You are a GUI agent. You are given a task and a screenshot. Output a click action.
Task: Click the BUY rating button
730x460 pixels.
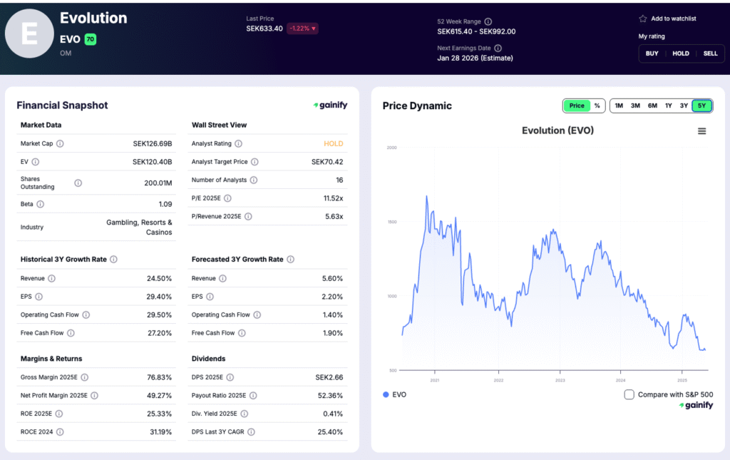[x=652, y=53]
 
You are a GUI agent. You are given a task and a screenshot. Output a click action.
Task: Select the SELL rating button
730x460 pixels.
[x=710, y=53]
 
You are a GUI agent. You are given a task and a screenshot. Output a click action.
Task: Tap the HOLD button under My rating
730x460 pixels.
[x=681, y=53]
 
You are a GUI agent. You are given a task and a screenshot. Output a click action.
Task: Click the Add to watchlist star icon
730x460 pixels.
[x=642, y=19]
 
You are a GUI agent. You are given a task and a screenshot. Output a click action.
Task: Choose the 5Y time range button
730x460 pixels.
[x=701, y=106]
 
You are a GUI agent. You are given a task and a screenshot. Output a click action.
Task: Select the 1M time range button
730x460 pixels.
[x=619, y=106]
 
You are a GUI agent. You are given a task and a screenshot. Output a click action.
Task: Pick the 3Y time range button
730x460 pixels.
[x=684, y=106]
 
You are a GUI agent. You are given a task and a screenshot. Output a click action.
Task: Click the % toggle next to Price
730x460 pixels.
[x=597, y=106]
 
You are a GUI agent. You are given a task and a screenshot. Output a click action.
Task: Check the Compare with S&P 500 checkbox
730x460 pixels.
[x=629, y=394]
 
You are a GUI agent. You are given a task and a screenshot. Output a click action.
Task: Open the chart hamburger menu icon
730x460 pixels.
[x=701, y=131]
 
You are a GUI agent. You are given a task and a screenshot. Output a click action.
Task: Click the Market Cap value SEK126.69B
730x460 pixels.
[x=153, y=143]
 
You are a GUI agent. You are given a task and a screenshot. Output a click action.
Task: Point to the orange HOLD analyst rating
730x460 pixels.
[x=333, y=143]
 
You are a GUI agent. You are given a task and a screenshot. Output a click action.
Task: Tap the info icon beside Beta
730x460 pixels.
[x=41, y=204]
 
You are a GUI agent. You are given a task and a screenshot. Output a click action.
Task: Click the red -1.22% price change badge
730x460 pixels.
[x=303, y=29]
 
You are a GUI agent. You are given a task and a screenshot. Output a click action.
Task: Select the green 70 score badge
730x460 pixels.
[x=91, y=40]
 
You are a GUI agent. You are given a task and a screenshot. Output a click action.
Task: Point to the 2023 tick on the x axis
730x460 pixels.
[x=560, y=380]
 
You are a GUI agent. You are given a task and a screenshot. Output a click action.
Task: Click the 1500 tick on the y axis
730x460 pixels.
[x=391, y=222]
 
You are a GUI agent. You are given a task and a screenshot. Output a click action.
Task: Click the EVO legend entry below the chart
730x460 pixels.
[x=395, y=394]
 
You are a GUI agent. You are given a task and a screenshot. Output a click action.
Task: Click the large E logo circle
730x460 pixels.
[x=29, y=34]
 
